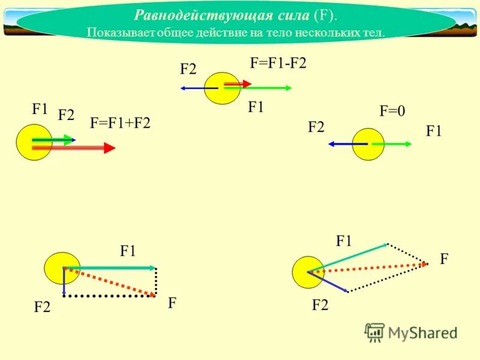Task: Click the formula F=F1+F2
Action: coord(120,123)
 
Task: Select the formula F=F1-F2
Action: coord(278,64)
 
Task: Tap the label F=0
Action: coord(392,111)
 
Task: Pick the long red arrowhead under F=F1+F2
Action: coord(109,148)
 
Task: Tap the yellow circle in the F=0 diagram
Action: coord(368,144)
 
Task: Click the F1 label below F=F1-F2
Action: coord(256,107)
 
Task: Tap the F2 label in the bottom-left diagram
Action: coord(42,307)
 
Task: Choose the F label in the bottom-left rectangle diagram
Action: coord(172,304)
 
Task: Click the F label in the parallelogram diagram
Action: coord(444,259)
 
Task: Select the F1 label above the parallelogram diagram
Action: coord(343,241)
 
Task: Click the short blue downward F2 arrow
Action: coord(64,282)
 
